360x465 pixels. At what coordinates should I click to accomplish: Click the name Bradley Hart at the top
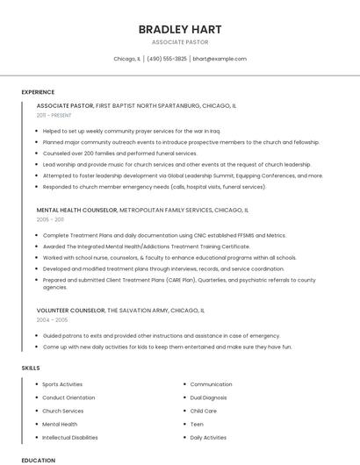[179, 29]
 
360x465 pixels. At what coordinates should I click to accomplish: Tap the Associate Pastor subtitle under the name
[179, 42]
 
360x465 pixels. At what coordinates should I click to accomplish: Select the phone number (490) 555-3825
[167, 59]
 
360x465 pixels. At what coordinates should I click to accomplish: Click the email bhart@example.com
[220, 59]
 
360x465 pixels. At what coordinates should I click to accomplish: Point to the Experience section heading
[38, 92]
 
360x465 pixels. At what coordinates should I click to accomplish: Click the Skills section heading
[31, 368]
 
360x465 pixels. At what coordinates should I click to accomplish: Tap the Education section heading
[38, 460]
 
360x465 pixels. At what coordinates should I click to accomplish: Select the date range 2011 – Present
[54, 115]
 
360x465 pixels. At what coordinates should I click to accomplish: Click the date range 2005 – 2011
[50, 219]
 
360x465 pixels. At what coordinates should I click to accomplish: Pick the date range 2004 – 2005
[52, 319]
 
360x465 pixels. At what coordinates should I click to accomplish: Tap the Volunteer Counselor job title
[70, 311]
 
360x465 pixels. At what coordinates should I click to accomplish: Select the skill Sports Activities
[62, 384]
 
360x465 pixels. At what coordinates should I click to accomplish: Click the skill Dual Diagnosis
[207, 397]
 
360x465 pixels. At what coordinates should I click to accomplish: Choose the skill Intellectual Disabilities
[70, 437]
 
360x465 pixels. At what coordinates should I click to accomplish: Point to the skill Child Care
[203, 411]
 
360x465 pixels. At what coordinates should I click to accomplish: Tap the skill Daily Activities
[208, 437]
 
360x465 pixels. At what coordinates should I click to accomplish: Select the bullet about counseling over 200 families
[119, 153]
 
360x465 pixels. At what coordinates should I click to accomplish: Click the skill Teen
[197, 424]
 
